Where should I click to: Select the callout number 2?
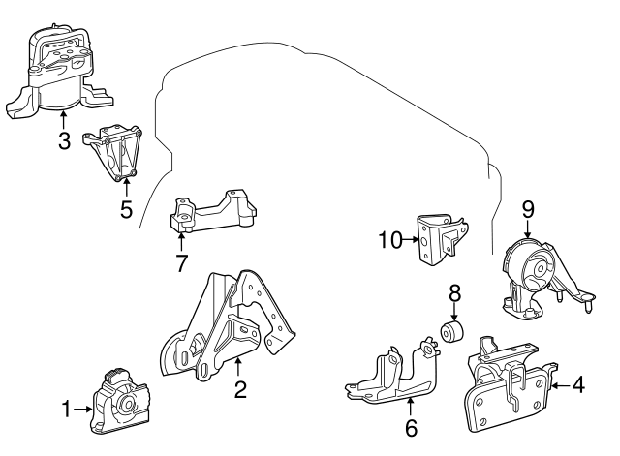tap(239, 390)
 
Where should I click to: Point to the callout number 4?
tap(577, 384)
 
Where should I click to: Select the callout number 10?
tap(389, 237)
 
